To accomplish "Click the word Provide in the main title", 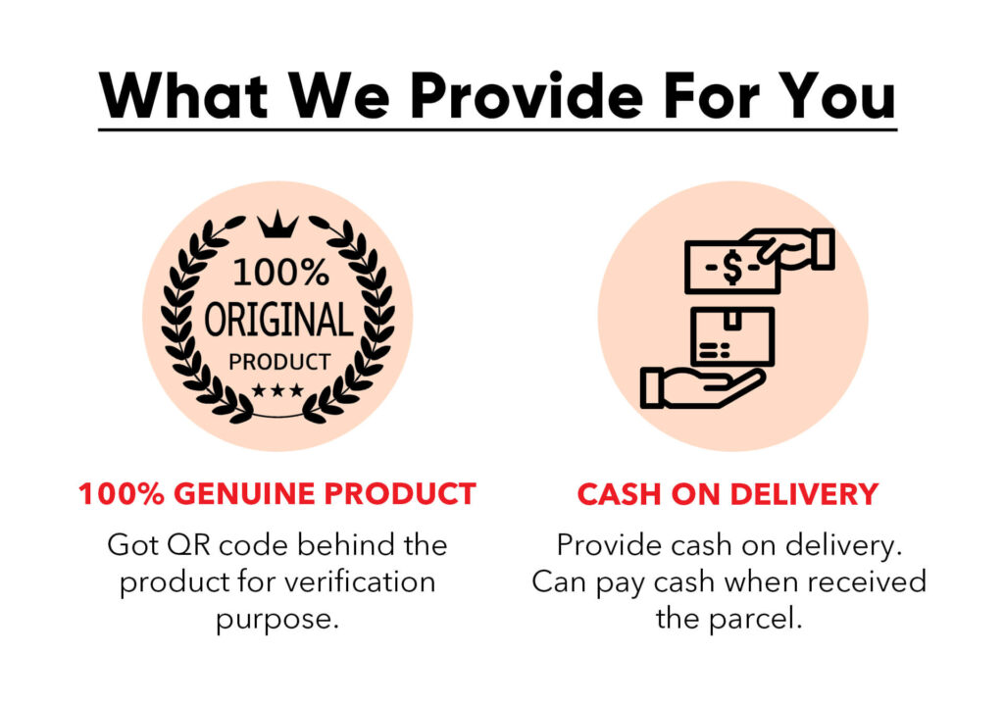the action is point(527,96).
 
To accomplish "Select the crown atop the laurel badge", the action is point(277,225).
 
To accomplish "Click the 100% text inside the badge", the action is point(280,273).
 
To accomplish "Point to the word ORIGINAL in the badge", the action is point(278,319).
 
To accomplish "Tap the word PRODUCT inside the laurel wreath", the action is point(279,362).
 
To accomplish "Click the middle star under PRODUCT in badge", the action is point(277,390).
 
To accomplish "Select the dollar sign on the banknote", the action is point(732,267).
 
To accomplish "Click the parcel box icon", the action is point(732,336).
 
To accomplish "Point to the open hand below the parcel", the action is point(702,387).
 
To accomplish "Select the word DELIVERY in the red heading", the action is point(804,494).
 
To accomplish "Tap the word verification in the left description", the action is point(360,581).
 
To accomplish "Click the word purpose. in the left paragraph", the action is point(277,620).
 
